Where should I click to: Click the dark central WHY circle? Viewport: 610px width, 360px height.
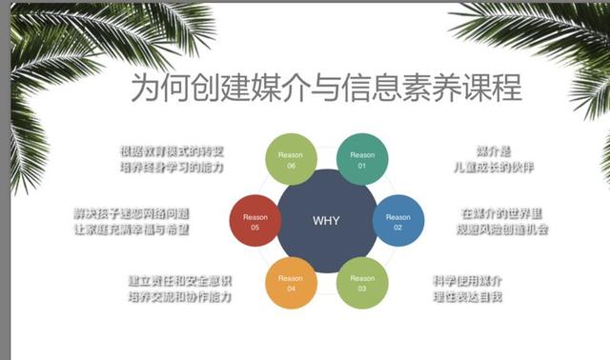(325, 219)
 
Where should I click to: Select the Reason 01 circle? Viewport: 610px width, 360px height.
(362, 160)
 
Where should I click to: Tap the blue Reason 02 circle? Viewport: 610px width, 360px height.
(396, 222)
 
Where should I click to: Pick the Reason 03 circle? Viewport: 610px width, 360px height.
(362, 282)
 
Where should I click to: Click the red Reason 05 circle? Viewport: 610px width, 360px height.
(255, 222)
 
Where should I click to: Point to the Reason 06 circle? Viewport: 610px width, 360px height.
(290, 160)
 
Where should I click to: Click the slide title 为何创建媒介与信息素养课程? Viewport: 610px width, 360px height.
(325, 89)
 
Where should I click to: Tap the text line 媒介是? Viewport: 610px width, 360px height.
(495, 150)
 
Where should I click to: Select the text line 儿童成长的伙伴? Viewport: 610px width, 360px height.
(495, 167)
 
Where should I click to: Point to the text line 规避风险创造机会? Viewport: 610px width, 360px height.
(502, 230)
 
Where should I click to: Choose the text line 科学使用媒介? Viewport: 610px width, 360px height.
(467, 281)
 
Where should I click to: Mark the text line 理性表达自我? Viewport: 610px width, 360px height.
(467, 297)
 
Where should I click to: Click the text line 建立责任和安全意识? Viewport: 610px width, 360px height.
(179, 281)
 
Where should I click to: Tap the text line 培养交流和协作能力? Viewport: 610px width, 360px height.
(179, 297)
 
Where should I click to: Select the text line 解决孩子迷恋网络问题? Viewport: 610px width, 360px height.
(132, 212)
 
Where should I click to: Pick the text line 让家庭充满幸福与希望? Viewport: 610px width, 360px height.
(132, 230)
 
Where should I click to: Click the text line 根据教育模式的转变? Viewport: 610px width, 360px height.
(173, 150)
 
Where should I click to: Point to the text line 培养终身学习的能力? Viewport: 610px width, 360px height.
(173, 167)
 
